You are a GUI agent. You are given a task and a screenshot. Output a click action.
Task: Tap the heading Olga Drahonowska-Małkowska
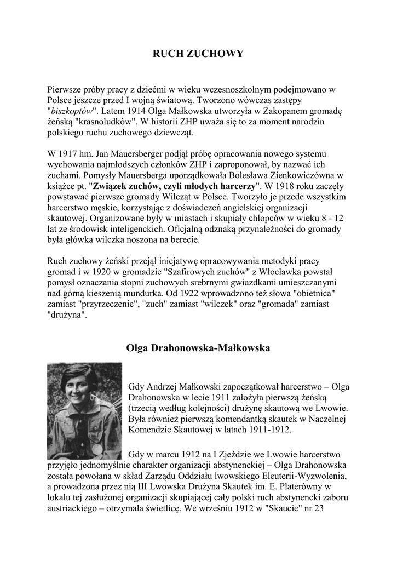[x=198, y=348]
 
